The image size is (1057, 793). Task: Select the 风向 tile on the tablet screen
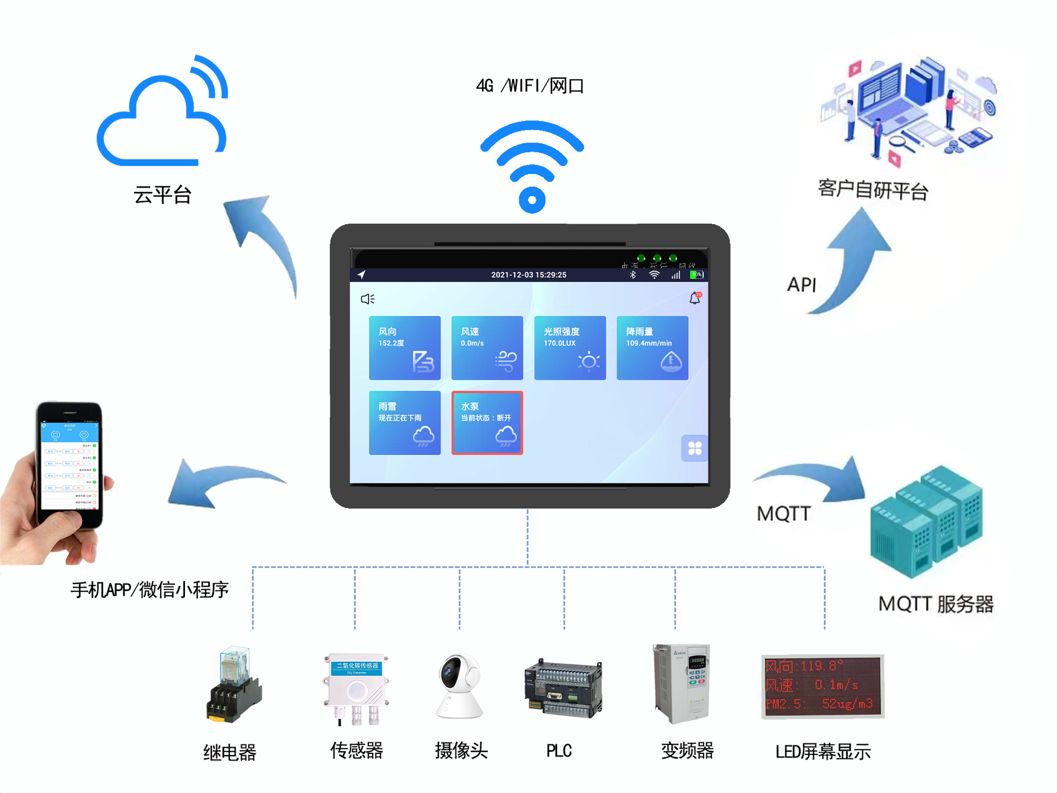coord(405,347)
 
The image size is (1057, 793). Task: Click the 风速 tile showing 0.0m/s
coord(487,347)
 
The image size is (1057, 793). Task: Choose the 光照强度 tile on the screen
coord(570,347)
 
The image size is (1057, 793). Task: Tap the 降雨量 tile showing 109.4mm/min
coord(652,347)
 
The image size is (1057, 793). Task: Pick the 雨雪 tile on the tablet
coord(405,422)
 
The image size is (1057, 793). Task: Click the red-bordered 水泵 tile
coord(487,422)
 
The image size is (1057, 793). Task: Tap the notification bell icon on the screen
coord(695,298)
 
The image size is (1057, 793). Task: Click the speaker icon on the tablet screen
coord(367,298)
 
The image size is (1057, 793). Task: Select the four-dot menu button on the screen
coord(695,448)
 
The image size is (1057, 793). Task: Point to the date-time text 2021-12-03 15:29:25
coord(528,275)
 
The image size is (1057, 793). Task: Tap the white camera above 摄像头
coord(459,686)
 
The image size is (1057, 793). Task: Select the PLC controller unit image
coord(563,688)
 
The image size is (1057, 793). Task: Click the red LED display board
coord(822,686)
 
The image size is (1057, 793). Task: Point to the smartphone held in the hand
coord(69,465)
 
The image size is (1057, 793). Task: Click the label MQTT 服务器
coord(936,604)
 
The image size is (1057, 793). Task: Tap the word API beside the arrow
coord(802,285)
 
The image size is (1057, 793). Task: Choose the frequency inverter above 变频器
coord(682,683)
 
